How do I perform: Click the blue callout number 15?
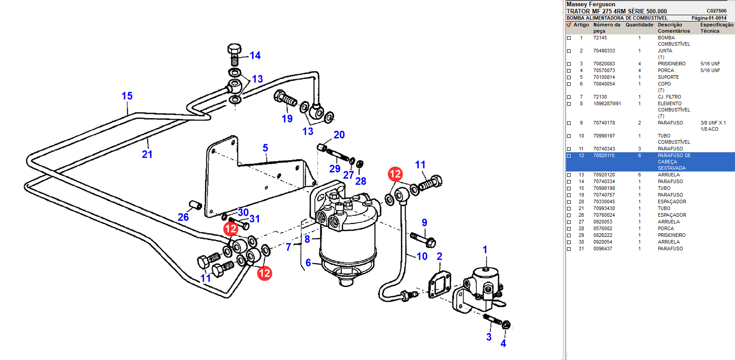[127, 96]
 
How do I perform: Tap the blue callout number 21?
[147, 154]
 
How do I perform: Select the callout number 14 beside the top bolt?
[255, 56]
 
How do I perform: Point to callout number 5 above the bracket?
[265, 148]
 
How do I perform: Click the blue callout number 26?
[183, 217]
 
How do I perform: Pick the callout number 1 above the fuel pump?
[485, 250]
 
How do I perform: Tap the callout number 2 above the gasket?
[439, 257]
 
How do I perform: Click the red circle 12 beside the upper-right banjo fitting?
[395, 174]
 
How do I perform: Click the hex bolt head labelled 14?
[234, 49]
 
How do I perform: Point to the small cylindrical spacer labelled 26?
[195, 205]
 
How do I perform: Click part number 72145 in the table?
[600, 38]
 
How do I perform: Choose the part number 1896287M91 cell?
[607, 104]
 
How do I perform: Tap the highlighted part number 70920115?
[604, 156]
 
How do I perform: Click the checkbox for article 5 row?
[569, 77]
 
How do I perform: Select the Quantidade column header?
[639, 25]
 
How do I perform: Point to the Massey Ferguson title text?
[591, 4]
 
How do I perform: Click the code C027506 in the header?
[716, 11]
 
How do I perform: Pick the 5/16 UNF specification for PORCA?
[710, 71]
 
